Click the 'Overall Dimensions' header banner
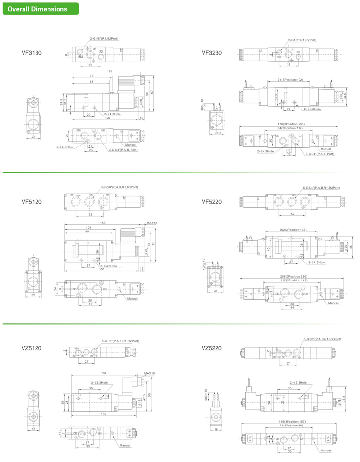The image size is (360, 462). (37, 9)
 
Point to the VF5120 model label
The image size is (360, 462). (32, 202)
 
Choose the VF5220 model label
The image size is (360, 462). (212, 202)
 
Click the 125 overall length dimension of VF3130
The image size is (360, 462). (109, 71)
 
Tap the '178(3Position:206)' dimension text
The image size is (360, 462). (291, 124)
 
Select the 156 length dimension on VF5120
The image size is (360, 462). (102, 223)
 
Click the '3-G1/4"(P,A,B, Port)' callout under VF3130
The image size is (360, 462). (122, 150)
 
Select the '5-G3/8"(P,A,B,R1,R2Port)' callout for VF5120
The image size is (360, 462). (120, 187)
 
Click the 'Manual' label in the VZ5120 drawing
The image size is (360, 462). (125, 445)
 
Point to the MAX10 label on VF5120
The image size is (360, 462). (151, 223)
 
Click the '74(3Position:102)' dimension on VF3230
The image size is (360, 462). (290, 80)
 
